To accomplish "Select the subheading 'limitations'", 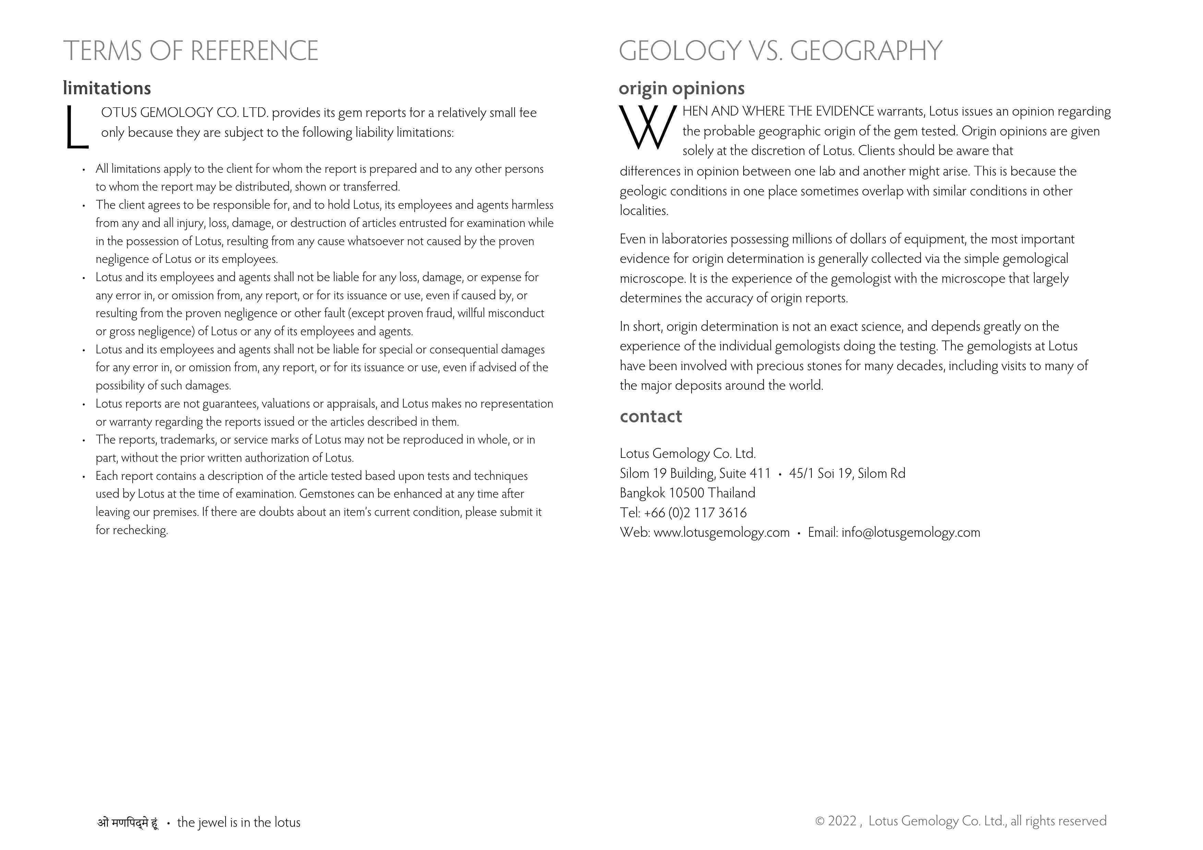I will point(107,88).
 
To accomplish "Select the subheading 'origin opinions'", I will point(681,88).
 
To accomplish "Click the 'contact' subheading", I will point(651,416).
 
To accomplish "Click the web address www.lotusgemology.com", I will point(721,533).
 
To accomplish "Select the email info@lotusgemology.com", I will point(911,533).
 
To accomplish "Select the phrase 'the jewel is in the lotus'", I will point(239,823).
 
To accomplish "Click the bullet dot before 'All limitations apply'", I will point(84,170).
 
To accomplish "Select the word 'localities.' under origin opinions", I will point(644,211).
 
